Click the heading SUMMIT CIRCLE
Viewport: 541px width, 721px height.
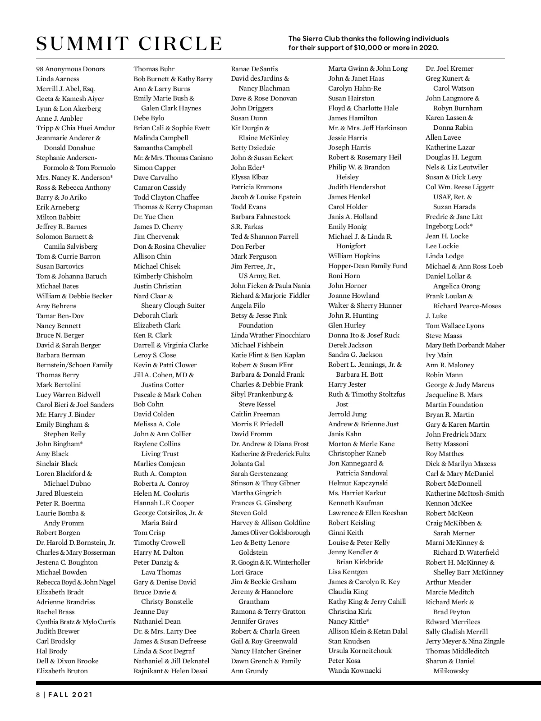coord(129,44)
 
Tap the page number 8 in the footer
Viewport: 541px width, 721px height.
coord(38,694)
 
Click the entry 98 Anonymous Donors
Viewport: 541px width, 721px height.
coord(70,69)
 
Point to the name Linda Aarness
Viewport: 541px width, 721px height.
coord(57,79)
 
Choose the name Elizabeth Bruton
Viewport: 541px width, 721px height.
coord(62,671)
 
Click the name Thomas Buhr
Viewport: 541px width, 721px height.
coord(154,69)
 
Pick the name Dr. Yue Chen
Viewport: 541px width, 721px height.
coord(153,217)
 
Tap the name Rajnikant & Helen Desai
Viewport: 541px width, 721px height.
coord(170,671)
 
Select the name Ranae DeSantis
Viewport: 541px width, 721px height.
coord(254,69)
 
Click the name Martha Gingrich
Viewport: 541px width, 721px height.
coord(256,493)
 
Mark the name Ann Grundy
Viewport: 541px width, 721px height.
coord(249,671)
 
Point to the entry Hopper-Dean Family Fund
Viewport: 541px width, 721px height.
coord(367,266)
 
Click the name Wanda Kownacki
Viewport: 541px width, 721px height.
coord(354,671)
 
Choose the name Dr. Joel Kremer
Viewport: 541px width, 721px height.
coord(449,68)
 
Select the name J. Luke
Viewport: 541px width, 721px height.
coord(436,316)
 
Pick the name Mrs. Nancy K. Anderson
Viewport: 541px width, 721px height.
coord(74,178)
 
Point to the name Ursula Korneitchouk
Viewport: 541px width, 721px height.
coord(360,651)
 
